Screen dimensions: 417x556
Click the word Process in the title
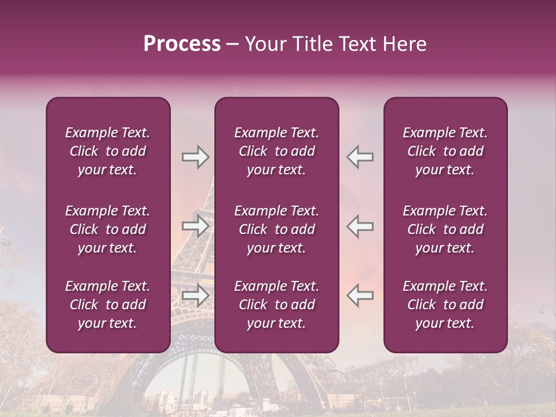(x=182, y=44)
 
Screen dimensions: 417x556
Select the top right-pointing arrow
(x=196, y=157)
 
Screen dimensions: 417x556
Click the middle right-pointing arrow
(x=196, y=226)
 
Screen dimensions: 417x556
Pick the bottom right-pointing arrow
(x=196, y=295)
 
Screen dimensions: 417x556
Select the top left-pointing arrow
(x=360, y=157)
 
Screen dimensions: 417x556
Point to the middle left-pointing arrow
(x=360, y=226)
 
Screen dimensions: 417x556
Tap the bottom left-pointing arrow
(x=360, y=295)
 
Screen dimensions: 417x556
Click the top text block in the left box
(x=108, y=151)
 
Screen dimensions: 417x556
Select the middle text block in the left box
(x=108, y=229)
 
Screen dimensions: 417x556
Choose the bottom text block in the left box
(x=108, y=305)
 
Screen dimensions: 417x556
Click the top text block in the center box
(x=276, y=151)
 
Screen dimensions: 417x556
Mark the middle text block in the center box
(x=276, y=229)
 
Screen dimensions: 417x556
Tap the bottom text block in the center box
(x=276, y=305)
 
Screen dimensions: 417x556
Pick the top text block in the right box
(x=445, y=151)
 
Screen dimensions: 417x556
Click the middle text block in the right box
(x=445, y=229)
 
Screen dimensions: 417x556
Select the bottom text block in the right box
(x=445, y=305)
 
